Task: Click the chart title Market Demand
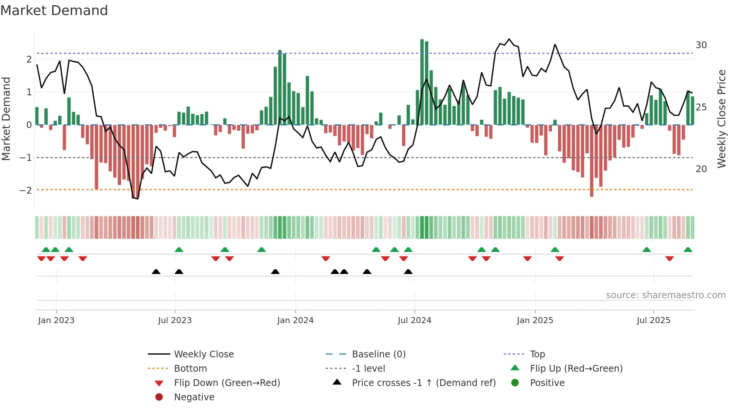point(54,11)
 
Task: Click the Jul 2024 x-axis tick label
point(414,320)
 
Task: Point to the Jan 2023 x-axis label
point(56,320)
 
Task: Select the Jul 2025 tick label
point(654,320)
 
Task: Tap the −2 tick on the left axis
point(26,190)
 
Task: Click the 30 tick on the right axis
point(701,45)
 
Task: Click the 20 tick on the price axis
point(701,169)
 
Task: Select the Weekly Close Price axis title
point(721,119)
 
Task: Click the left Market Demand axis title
point(6,119)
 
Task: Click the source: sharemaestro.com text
point(666,295)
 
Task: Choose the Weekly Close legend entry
point(203,354)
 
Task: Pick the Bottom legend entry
point(190,369)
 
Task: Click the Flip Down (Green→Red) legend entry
point(227,383)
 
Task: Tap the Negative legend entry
point(194,397)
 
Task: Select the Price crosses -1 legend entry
point(423,383)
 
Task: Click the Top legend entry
point(537,354)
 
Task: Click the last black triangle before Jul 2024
point(408,272)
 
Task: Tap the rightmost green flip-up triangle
point(688,250)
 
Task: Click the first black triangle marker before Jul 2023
point(156,272)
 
